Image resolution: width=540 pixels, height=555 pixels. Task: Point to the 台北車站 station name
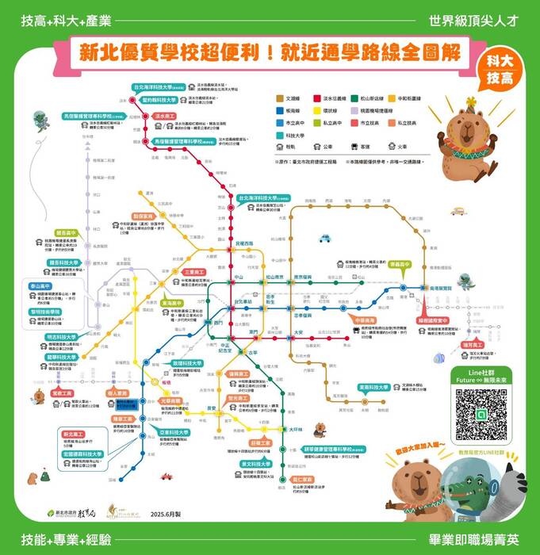243,302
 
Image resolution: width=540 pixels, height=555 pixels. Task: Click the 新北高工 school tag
74,434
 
